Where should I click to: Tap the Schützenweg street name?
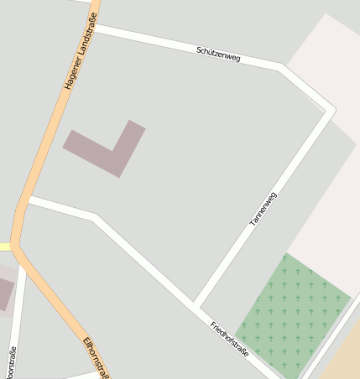coord(218,54)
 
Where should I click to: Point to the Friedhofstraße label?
coord(229,339)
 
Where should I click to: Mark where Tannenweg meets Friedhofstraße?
coord(195,304)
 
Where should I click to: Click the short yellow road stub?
coord(4,247)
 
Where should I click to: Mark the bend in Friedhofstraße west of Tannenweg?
coord(94,217)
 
